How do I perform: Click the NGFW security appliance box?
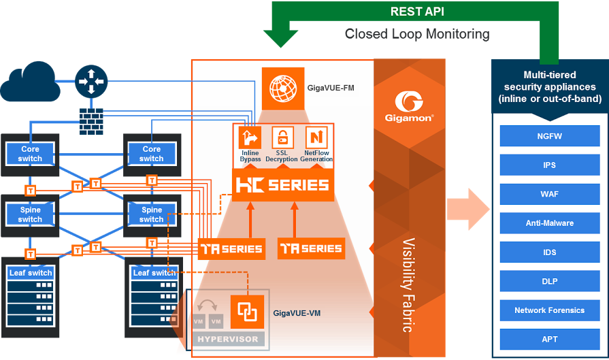click(549, 136)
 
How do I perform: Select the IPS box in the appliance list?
click(549, 165)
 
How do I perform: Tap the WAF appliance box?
click(549, 194)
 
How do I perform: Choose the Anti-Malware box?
click(549, 223)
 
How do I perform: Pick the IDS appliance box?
click(549, 252)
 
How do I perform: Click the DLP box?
click(549, 281)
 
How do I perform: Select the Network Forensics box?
click(549, 310)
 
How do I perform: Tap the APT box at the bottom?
click(549, 339)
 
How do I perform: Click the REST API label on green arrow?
click(416, 12)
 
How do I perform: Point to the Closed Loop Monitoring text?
click(416, 33)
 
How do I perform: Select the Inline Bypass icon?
click(250, 138)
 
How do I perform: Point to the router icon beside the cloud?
click(90, 80)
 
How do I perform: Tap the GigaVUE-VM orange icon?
click(246, 312)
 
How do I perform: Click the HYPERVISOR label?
click(227, 339)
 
